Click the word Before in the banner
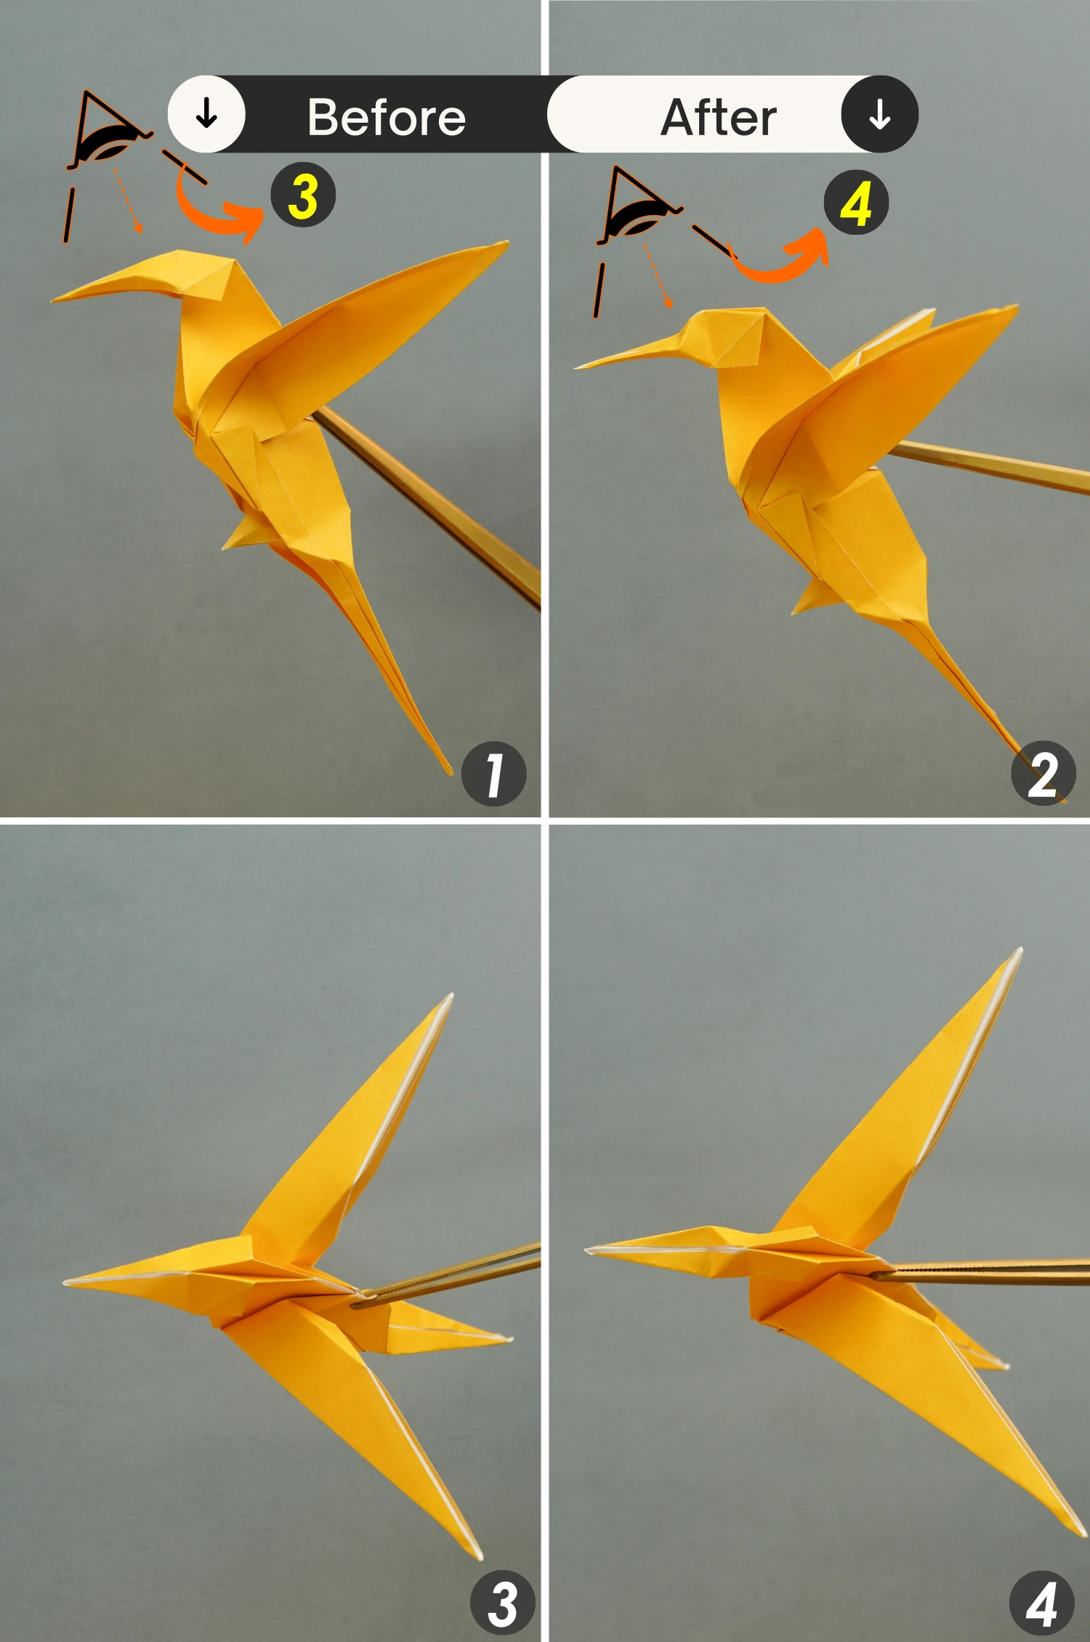pos(387,117)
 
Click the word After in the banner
pos(719,117)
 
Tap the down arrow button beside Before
pos(206,114)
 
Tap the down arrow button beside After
pos(880,114)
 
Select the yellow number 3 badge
pos(303,195)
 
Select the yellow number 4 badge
pos(856,203)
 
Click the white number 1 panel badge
pos(494,773)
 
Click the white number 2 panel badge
pos(1043,773)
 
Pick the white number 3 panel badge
pos(503,1603)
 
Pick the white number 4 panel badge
pos(1042,1603)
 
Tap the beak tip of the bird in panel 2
pos(576,367)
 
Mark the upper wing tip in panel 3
pos(451,995)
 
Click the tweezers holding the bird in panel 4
pos(981,1272)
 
